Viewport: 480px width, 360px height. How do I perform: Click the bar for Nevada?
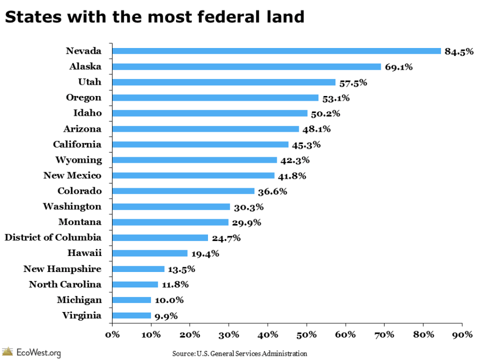[276, 51]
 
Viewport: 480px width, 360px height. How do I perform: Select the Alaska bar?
[246, 67]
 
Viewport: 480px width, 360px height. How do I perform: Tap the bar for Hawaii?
[150, 253]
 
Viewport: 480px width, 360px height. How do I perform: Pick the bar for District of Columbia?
[160, 238]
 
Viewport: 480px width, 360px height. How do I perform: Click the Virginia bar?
[131, 316]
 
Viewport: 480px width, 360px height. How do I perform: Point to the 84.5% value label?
[459, 52]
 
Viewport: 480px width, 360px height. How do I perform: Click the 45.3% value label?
[307, 145]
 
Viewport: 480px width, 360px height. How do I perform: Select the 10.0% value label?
[169, 300]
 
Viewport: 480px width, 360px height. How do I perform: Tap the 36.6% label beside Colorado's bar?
[273, 191]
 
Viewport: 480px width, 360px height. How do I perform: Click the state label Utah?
[90, 82]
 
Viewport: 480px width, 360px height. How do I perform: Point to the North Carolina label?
[65, 284]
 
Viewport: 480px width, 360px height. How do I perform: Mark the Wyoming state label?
[78, 159]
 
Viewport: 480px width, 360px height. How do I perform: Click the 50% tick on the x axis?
[307, 334]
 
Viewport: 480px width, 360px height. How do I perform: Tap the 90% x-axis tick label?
[462, 334]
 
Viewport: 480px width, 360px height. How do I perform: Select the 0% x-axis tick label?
[112, 334]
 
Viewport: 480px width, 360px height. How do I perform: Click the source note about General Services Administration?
[239, 353]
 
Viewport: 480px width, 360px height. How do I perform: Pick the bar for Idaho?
[210, 113]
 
